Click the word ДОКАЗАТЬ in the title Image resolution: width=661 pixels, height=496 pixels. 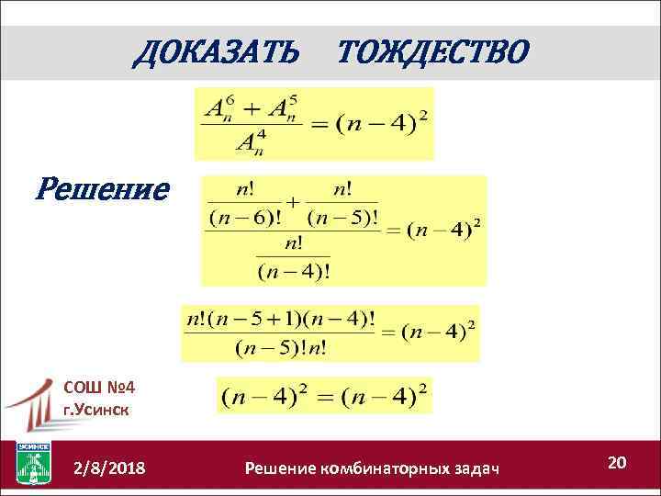click(216, 52)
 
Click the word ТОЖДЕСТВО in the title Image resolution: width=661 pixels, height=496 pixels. click(432, 52)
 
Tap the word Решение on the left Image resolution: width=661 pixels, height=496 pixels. click(102, 190)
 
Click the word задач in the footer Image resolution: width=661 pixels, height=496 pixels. click(475, 469)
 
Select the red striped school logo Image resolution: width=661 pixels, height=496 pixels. click(34, 405)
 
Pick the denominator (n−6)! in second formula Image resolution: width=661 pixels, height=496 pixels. click(245, 218)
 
